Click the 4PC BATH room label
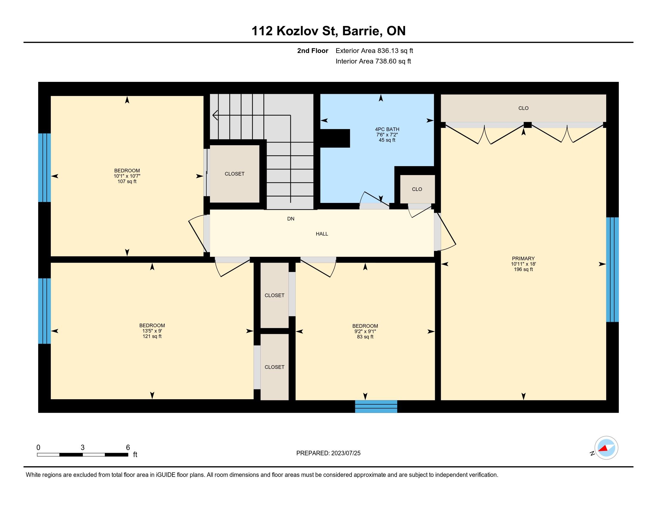point(387,129)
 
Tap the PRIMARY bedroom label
point(523,258)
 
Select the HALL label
point(322,234)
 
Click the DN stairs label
point(291,219)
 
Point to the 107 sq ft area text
point(127,181)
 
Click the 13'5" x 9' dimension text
point(152,331)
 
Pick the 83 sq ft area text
point(365,337)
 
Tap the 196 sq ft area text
point(523,269)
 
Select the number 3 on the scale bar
point(82,448)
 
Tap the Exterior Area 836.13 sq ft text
point(374,51)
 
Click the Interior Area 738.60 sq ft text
point(373,61)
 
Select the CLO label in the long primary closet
point(524,108)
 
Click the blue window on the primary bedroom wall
point(612,270)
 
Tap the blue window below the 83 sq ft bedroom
point(376,406)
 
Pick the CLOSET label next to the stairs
point(235,174)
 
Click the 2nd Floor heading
point(313,51)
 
